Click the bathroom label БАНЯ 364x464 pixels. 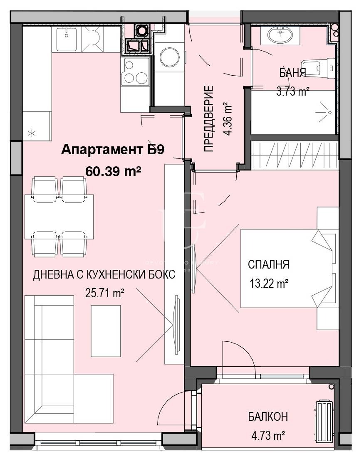[292, 74]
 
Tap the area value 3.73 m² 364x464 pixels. [292, 91]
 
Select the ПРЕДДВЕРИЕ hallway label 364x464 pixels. [209, 119]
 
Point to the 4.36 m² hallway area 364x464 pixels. [228, 119]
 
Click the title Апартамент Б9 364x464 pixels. [113, 150]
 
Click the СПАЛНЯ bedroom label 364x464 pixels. [268, 264]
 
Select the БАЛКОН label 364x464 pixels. [268, 417]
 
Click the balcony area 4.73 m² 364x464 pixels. [268, 436]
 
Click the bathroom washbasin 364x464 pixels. [280, 35]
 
